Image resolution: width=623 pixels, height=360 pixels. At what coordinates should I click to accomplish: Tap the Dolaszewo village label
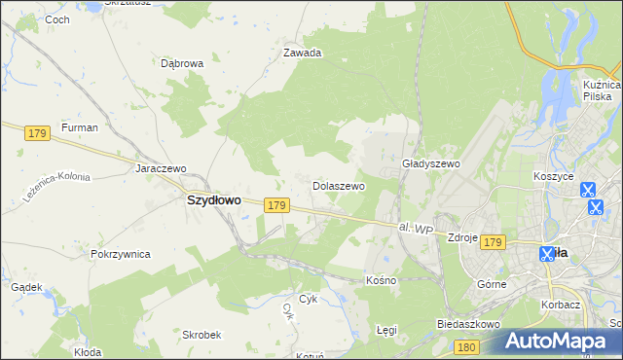point(338,185)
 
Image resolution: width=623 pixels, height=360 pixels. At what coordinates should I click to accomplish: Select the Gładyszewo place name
point(430,164)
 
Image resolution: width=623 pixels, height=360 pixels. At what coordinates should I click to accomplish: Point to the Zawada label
point(302,54)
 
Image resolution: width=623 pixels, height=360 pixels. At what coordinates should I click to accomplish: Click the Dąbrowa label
point(182,63)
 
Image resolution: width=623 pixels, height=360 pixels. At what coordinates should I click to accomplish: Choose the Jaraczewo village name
point(161,167)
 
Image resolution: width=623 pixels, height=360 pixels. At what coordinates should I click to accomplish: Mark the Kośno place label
point(381,280)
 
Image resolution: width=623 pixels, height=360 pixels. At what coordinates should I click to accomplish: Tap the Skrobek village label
point(202,334)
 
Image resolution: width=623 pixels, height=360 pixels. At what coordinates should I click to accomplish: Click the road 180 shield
point(467,347)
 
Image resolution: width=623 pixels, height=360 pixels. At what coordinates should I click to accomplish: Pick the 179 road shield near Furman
point(38,133)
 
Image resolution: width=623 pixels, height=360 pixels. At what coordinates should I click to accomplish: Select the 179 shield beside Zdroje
point(493,241)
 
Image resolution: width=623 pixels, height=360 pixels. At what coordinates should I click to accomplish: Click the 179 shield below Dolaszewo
point(276,205)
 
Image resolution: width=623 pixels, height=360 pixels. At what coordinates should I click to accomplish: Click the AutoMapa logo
point(560,341)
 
